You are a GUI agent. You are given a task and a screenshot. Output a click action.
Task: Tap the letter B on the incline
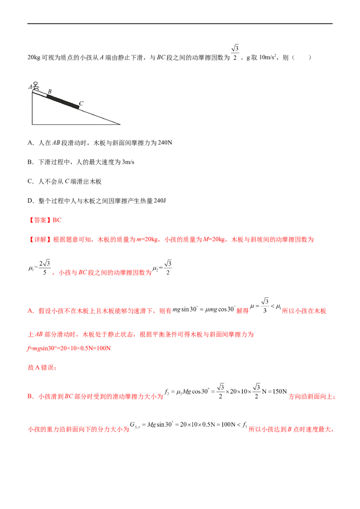pos(49,91)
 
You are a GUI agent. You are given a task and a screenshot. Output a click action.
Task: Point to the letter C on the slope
pos(81,103)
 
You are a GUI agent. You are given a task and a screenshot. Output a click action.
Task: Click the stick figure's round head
pos(36,83)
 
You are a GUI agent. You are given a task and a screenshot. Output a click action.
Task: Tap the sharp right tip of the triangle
pos(120,124)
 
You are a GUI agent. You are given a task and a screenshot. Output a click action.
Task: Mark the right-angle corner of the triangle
pos(33,124)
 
